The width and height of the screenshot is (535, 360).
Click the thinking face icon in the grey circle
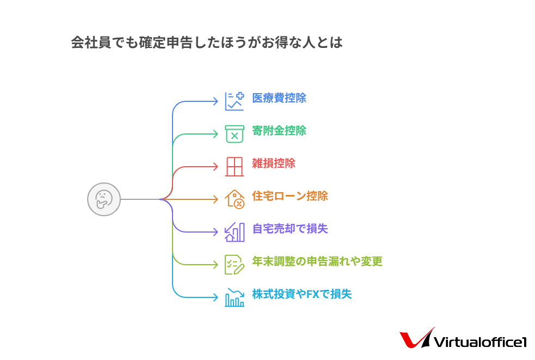click(x=104, y=199)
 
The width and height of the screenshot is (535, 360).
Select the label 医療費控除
click(x=279, y=98)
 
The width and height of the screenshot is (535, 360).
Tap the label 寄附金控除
click(x=279, y=131)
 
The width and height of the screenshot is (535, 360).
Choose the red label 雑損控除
click(x=274, y=163)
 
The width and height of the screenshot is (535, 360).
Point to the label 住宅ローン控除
click(x=290, y=196)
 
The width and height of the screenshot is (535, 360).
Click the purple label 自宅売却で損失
click(x=290, y=229)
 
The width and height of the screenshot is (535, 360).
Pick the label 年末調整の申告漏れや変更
click(x=317, y=261)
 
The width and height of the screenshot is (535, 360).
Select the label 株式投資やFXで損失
click(x=302, y=294)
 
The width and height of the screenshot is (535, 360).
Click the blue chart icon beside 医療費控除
click(x=235, y=101)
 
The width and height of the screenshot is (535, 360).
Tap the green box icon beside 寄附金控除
click(x=235, y=134)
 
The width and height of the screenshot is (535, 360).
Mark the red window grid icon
click(x=235, y=167)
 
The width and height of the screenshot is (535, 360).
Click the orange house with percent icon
click(x=235, y=199)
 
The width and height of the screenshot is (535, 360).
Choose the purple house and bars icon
click(x=235, y=232)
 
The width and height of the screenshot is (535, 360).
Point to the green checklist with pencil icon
click(x=235, y=265)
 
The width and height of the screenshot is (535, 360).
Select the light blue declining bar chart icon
click(x=235, y=297)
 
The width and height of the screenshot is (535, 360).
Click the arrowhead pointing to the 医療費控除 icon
click(x=216, y=101)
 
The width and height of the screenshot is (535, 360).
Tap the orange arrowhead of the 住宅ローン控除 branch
click(x=216, y=199)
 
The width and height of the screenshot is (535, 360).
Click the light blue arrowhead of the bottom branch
click(x=216, y=297)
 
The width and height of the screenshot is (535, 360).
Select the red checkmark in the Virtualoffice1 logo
click(x=417, y=338)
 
